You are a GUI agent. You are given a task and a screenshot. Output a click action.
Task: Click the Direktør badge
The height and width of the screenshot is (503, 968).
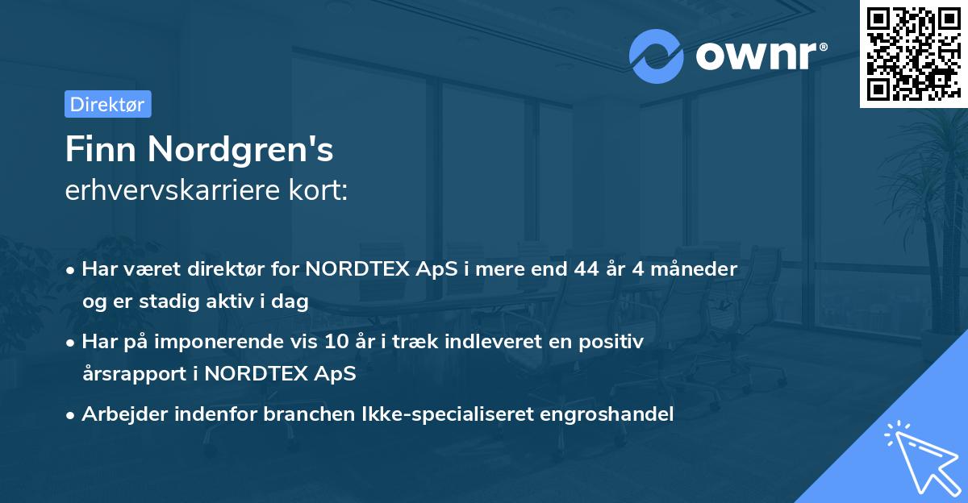pyautogui.click(x=107, y=104)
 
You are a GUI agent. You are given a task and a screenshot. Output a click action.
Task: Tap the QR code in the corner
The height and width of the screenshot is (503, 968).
pyautogui.click(x=912, y=53)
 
